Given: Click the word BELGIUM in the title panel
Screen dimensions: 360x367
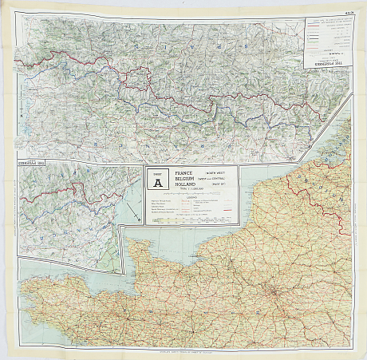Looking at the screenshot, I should pos(177,178).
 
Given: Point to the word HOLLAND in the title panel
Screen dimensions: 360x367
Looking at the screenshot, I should pos(177,184).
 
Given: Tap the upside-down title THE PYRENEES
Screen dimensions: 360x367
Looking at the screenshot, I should pos(325,67).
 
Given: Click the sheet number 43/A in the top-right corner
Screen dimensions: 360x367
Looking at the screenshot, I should pos(349,10).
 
